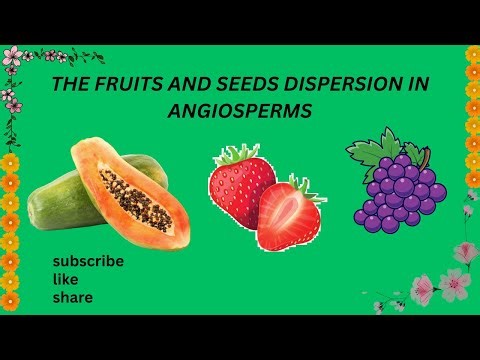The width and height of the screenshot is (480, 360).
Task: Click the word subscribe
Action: (88, 261)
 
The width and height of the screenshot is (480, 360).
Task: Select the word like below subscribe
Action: (65, 279)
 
